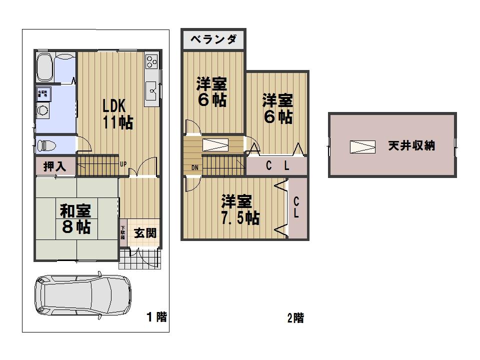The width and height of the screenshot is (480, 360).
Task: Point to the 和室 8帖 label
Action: pos(75,218)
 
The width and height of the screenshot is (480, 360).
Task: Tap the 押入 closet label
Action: pos(54,166)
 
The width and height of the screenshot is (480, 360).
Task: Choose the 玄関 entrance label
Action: pos(145,232)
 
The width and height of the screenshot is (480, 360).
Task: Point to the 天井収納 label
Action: pos(411,146)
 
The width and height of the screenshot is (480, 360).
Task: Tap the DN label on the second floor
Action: pos(194,167)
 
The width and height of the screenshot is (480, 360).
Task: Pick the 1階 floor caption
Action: pos(156,316)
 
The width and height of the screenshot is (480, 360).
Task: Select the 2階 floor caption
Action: pos(295,317)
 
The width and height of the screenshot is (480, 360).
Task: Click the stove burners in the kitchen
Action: pos(151,62)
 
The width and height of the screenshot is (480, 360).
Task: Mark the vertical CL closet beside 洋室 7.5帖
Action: pos(296,207)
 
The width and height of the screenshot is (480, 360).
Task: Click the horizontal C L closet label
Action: pos(277,167)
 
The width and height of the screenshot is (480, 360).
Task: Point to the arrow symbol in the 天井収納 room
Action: pos(362,146)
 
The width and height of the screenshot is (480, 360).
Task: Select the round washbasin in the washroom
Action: pos(43,110)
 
